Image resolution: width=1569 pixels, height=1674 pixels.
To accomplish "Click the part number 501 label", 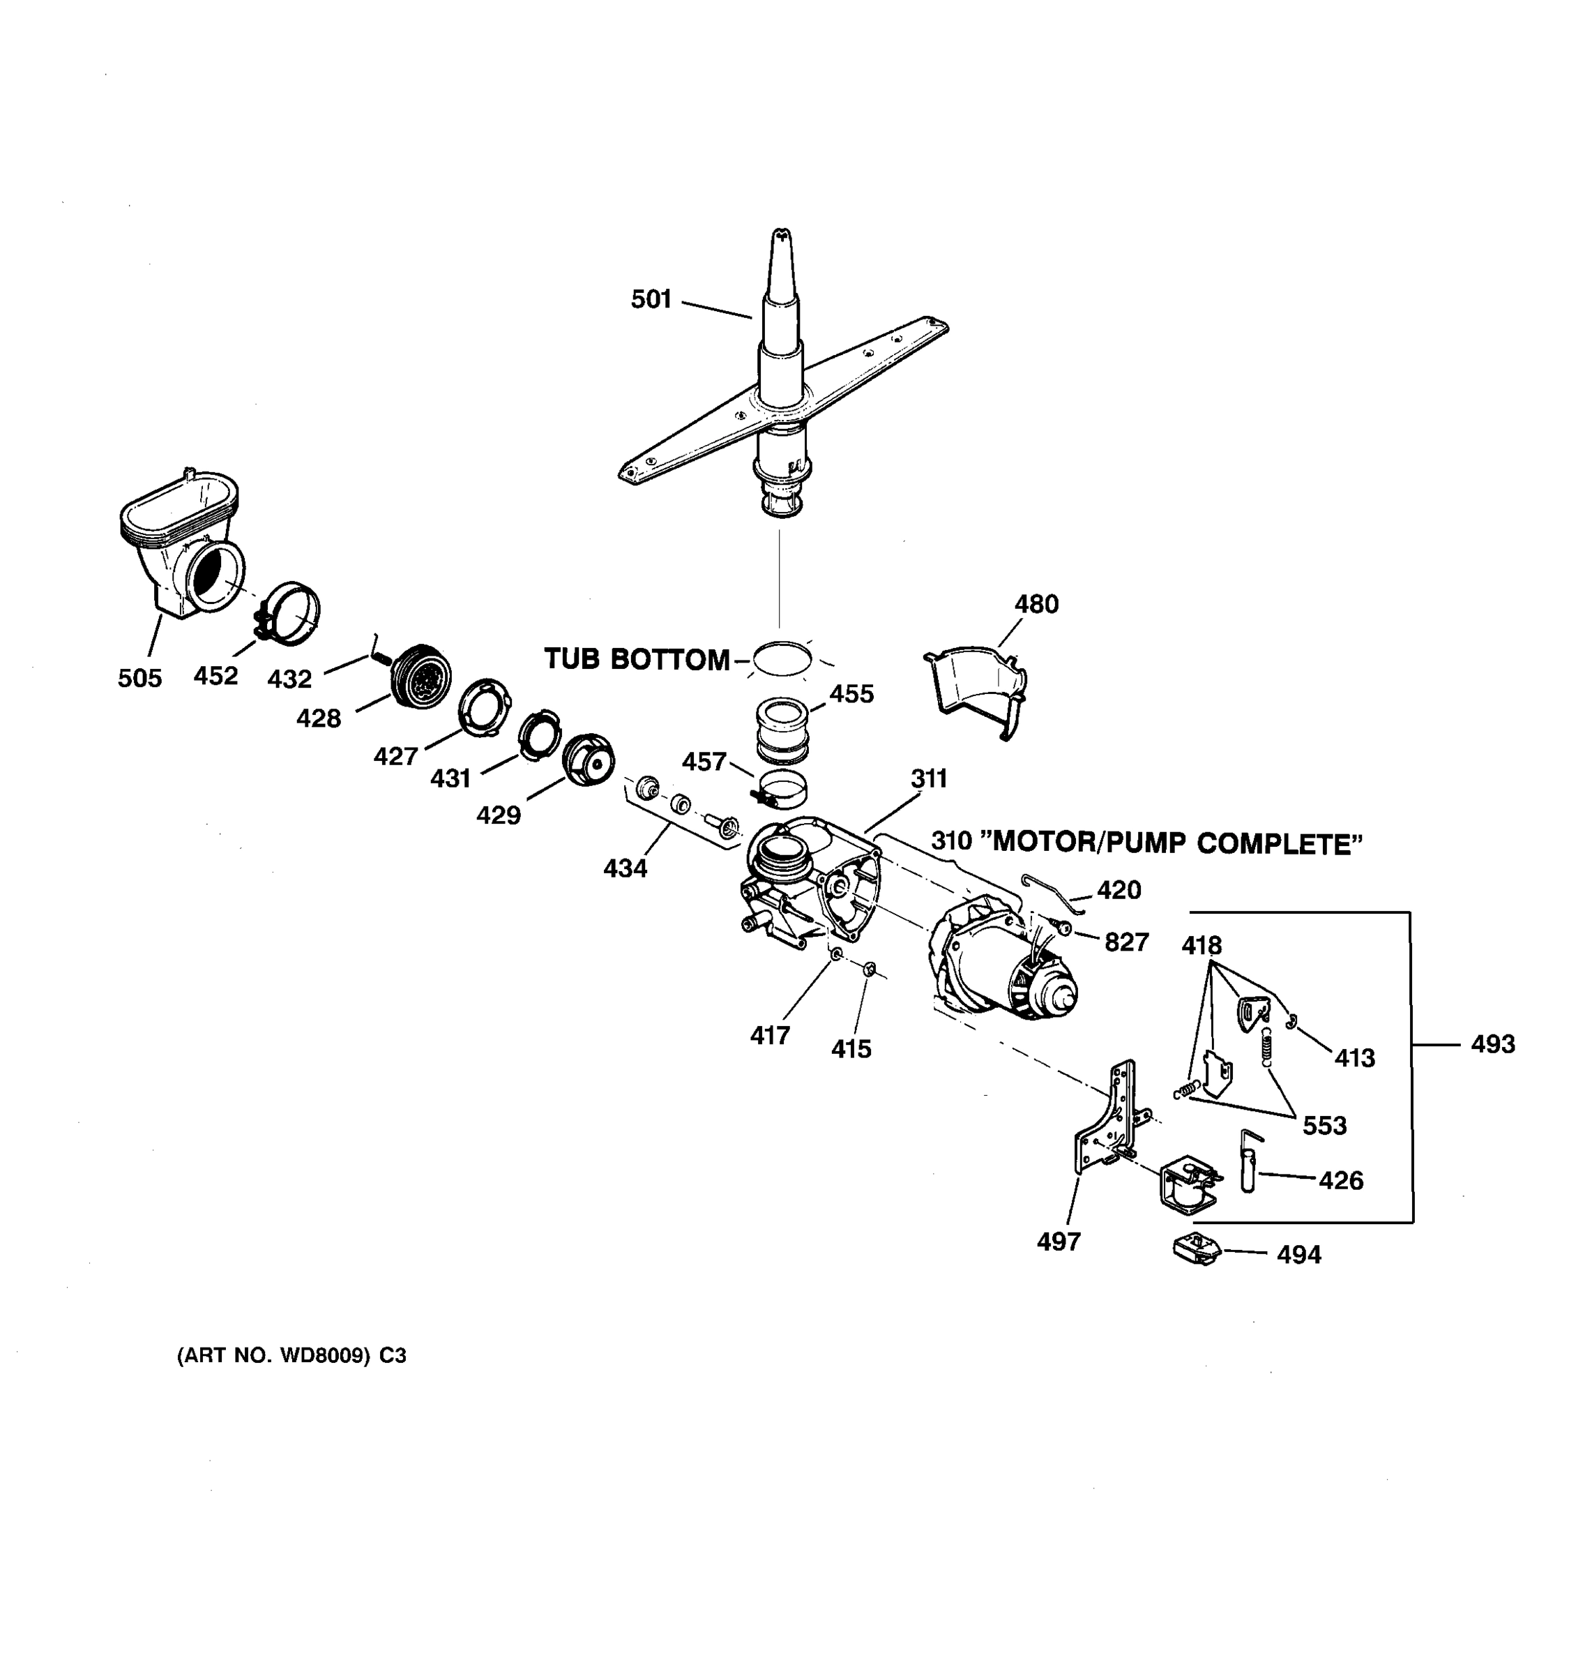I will coord(651,299).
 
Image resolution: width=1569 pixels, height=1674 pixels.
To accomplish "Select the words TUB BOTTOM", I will coord(637,659).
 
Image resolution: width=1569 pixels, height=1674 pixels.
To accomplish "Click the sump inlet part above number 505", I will coord(181,548).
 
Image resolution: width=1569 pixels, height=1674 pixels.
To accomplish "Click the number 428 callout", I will coord(318,718).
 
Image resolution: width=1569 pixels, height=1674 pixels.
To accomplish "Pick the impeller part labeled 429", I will coord(588,760).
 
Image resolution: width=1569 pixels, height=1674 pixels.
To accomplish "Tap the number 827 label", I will coord(1126,942).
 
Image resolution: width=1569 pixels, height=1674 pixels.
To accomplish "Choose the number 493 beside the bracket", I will coord(1492,1044).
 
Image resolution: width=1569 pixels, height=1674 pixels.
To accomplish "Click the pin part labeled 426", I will coord(1248,1162).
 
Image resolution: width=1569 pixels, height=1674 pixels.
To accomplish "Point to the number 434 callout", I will coord(625,868).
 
